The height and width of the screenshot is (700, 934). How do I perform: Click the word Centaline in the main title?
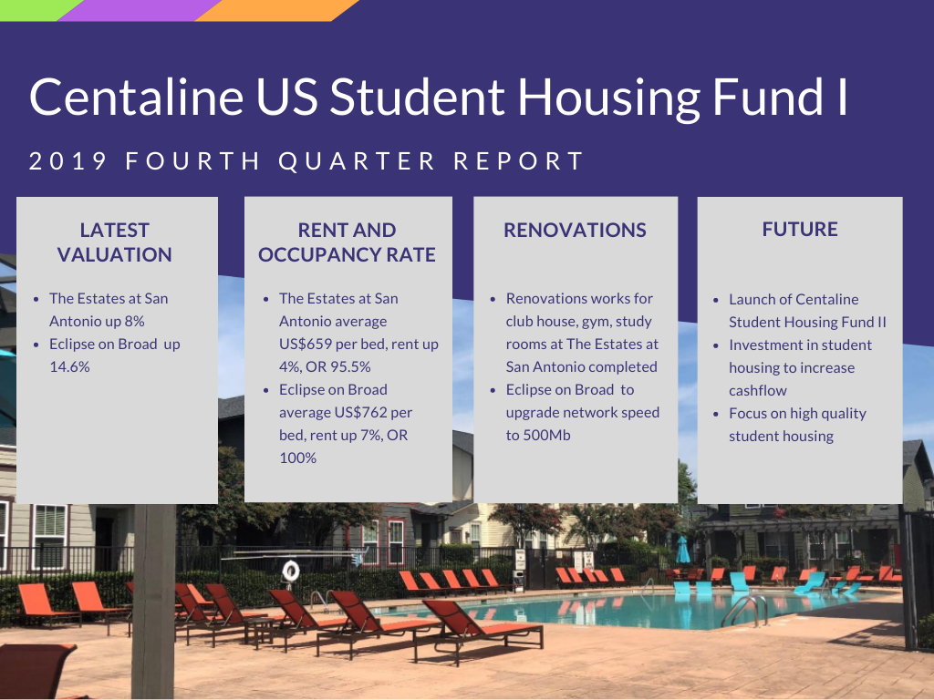(x=137, y=97)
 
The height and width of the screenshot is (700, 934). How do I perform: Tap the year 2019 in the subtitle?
(x=67, y=161)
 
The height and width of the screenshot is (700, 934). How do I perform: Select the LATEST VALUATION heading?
(x=114, y=242)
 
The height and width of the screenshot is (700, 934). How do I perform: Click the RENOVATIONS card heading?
(x=575, y=230)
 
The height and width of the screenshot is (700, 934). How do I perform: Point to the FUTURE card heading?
(x=800, y=229)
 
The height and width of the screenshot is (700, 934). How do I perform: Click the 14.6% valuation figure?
(x=69, y=366)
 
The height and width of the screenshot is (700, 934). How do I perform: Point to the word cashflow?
(x=758, y=390)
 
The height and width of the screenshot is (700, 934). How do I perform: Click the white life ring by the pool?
(x=291, y=571)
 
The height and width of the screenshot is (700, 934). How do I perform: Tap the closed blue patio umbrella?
(x=682, y=551)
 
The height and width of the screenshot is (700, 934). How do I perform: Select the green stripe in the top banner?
(x=36, y=9)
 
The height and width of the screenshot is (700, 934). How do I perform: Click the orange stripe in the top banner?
(x=277, y=10)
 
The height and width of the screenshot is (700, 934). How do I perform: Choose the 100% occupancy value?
(x=298, y=458)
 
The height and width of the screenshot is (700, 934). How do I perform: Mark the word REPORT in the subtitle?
(x=519, y=161)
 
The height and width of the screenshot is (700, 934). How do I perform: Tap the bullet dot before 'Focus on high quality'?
(x=716, y=414)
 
